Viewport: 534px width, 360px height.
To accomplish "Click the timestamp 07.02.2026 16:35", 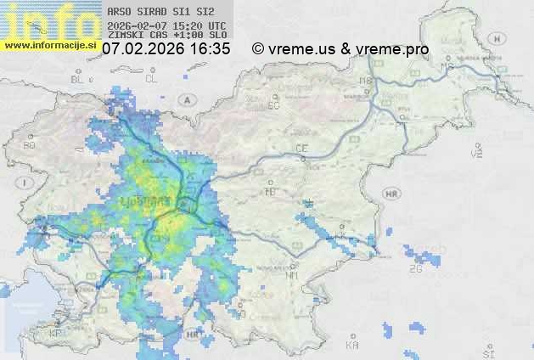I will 166,49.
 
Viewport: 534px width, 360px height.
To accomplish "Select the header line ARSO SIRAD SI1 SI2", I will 160,12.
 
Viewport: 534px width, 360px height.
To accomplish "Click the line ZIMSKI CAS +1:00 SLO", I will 167,36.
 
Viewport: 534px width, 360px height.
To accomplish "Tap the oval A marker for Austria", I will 185,99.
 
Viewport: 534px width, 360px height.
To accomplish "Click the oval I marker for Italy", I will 27,183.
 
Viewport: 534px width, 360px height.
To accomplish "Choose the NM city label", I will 292,275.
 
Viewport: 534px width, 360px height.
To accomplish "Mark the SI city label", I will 486,351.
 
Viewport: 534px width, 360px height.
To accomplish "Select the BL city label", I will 79,79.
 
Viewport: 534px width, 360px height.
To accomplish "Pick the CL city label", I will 151,79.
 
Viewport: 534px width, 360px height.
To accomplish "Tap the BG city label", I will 30,145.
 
